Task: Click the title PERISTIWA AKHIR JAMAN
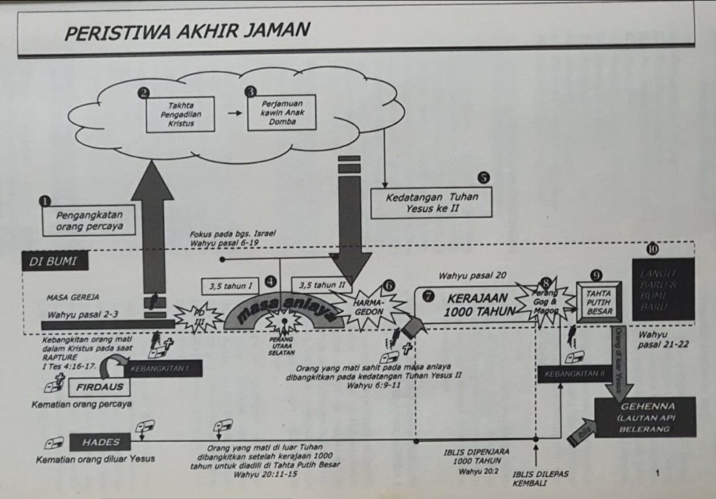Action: [x=187, y=30]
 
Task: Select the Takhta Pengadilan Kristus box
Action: [x=180, y=114]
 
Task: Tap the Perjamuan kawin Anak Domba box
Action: [x=281, y=112]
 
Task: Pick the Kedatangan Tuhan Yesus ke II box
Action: [x=431, y=202]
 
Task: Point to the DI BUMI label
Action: [x=54, y=261]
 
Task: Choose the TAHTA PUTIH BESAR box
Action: [x=599, y=302]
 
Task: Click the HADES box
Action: [x=101, y=442]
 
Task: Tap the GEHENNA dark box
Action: [x=644, y=417]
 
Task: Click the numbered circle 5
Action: [x=483, y=178]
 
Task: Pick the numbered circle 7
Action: [x=429, y=296]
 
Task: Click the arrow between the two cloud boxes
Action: [x=235, y=113]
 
